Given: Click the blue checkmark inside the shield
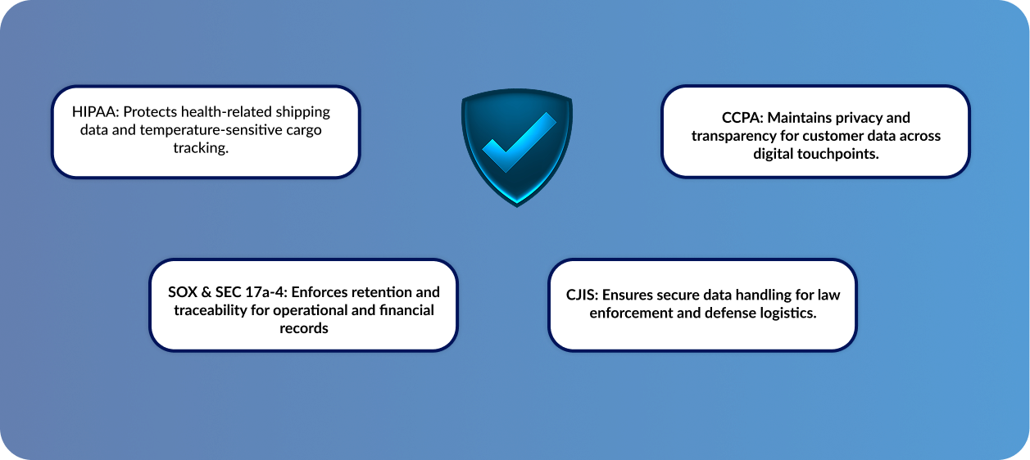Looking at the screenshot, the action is click(x=519, y=142).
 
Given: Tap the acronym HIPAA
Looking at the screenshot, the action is click(x=95, y=111).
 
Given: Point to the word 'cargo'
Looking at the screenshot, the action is click(x=304, y=131).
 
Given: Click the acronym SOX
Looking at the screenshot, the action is click(x=183, y=292).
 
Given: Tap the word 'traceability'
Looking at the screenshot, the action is click(x=211, y=311).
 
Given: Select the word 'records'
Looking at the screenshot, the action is click(x=303, y=328).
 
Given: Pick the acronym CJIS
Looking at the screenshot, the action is click(x=582, y=295).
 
